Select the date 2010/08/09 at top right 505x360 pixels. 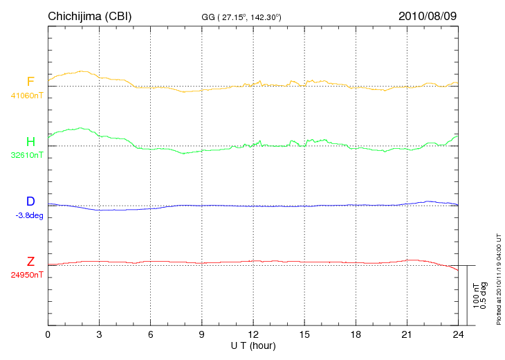428,15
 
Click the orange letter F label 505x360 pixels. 30,82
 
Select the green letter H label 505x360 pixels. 30,142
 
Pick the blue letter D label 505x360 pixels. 30,201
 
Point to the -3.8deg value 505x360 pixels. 29,215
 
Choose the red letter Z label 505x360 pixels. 30,262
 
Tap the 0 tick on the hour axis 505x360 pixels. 48,334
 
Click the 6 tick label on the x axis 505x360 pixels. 151,334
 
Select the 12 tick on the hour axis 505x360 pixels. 253,334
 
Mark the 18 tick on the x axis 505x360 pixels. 356,334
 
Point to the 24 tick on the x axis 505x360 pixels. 458,334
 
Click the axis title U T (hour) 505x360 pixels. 253,345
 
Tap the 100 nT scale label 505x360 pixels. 476,296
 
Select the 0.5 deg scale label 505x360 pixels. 484,296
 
